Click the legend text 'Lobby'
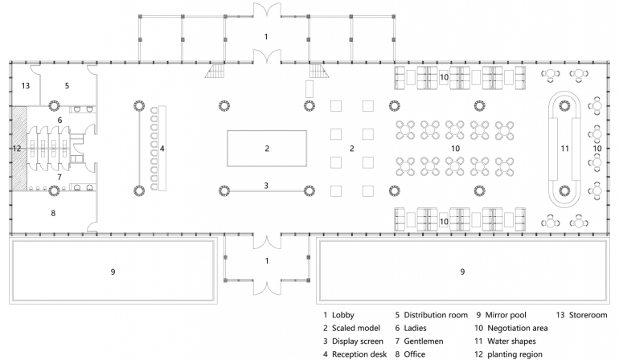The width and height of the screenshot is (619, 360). click(x=342, y=315)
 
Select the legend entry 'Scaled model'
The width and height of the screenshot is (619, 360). click(x=355, y=328)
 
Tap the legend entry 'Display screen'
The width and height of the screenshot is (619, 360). click(x=357, y=341)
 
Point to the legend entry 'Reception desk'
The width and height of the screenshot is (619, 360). click(x=359, y=354)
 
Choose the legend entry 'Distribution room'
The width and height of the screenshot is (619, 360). click(x=436, y=315)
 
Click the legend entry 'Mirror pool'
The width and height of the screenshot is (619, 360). click(x=506, y=315)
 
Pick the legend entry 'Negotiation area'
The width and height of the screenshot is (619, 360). click(x=518, y=328)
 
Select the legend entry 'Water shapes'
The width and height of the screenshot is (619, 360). click(x=511, y=341)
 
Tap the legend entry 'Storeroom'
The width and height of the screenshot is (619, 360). click(x=588, y=315)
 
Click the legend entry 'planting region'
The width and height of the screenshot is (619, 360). click(x=514, y=354)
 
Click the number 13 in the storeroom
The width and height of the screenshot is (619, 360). click(x=26, y=85)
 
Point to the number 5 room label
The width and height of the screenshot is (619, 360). click(x=67, y=85)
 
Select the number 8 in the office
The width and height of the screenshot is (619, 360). click(x=53, y=213)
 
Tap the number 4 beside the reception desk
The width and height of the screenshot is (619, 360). click(x=162, y=149)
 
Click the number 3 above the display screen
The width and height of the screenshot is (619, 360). click(x=266, y=185)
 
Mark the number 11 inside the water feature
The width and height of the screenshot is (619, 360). click(x=565, y=149)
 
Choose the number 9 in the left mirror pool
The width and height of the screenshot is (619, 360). click(x=113, y=272)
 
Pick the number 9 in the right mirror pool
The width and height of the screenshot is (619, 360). click(x=462, y=272)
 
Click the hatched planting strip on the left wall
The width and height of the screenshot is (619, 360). click(x=19, y=149)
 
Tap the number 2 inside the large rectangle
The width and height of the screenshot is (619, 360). click(x=267, y=149)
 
